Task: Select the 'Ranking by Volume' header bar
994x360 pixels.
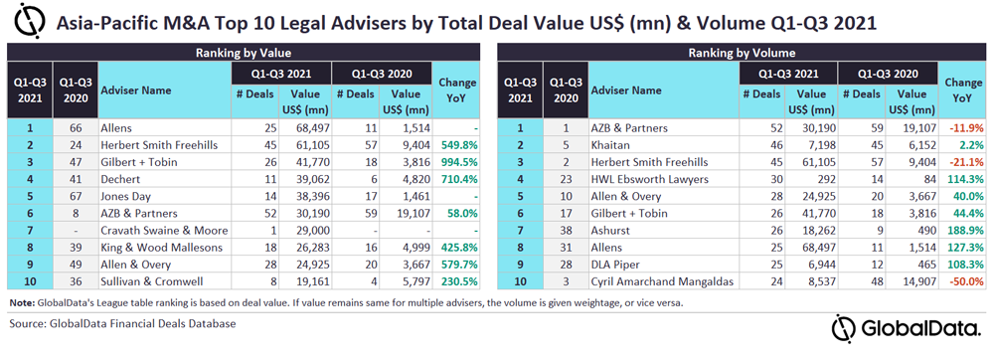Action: [742, 54]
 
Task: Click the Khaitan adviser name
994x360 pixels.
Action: [610, 145]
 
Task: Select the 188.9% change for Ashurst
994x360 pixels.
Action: [967, 231]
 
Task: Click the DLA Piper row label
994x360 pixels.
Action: [613, 265]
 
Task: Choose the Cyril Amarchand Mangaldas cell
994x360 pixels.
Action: [661, 282]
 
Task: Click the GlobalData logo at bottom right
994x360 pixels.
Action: [907, 329]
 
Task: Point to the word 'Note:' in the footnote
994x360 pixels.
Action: [22, 303]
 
